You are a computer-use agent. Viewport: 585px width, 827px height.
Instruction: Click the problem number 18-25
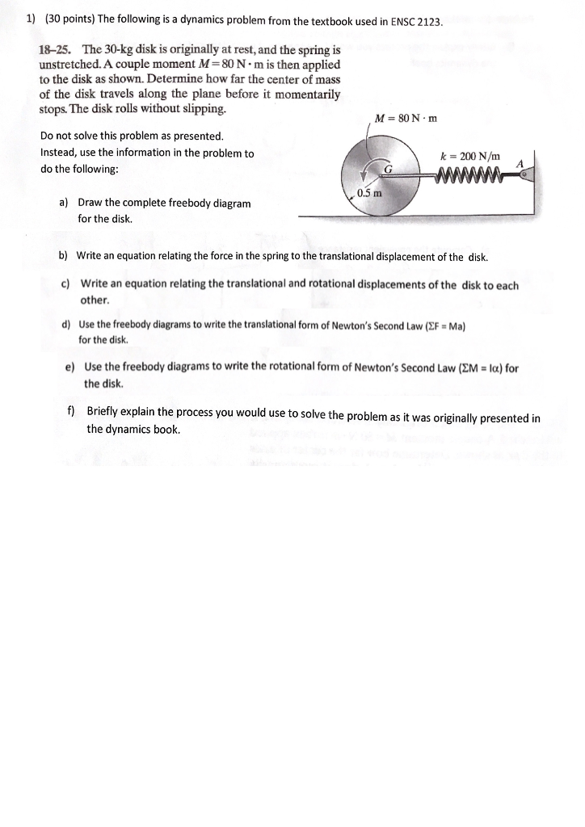pyautogui.click(x=56, y=50)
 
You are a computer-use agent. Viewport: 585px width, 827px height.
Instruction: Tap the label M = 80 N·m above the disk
pyautogui.click(x=406, y=119)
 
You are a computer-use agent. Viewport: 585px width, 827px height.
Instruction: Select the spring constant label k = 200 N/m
pyautogui.click(x=470, y=156)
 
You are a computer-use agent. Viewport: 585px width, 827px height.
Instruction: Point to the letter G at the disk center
pyautogui.click(x=388, y=169)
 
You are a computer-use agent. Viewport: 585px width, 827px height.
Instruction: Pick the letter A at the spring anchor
pyautogui.click(x=520, y=163)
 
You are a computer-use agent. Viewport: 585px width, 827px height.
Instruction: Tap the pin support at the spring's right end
pyautogui.click(x=524, y=174)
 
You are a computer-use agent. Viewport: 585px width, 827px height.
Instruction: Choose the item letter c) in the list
pyautogui.click(x=66, y=284)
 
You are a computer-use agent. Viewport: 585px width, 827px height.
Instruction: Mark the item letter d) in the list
pyautogui.click(x=66, y=325)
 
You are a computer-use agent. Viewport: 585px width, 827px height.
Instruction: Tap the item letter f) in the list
pyautogui.click(x=71, y=411)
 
